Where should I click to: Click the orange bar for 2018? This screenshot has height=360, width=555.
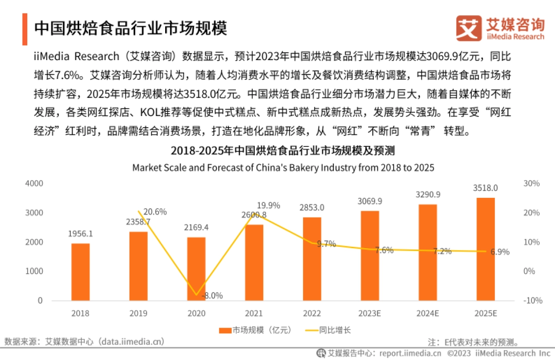[80, 272]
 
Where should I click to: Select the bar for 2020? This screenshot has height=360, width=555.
[196, 268]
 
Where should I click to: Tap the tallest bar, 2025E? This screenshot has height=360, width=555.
[486, 249]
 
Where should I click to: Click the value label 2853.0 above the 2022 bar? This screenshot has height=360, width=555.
[312, 207]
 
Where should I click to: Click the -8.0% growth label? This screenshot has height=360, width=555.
[211, 295]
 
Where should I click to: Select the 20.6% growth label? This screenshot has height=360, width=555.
[154, 212]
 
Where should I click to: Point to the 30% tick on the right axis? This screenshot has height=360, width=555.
[531, 183]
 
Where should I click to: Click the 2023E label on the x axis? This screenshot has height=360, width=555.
[370, 313]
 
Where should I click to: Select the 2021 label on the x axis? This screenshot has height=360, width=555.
[254, 313]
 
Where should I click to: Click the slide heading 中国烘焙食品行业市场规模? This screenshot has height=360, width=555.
[131, 28]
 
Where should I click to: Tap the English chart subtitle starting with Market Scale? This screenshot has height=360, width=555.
[283, 167]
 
